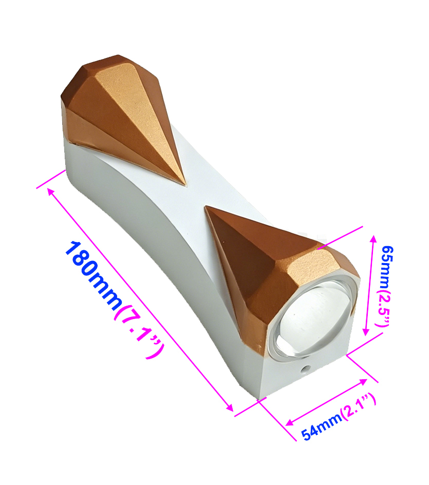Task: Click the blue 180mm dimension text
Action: pyautogui.click(x=94, y=275)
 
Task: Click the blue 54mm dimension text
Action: pyautogui.click(x=322, y=425)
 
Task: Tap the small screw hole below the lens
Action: pyautogui.click(x=306, y=368)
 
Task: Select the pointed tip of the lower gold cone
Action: pyautogui.click(x=206, y=208)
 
